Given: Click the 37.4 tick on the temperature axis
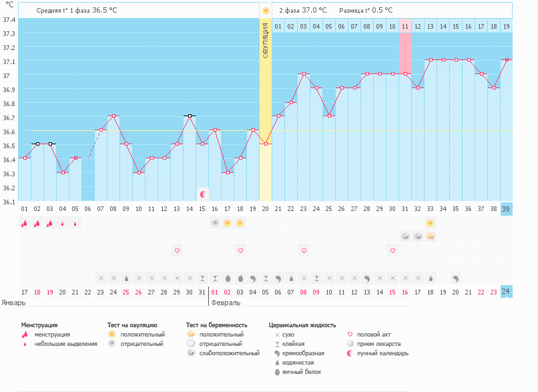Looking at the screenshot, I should pyautogui.click(x=9, y=19).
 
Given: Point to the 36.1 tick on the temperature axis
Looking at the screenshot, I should pyautogui.click(x=9, y=201).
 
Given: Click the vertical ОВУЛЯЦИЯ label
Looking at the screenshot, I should pyautogui.click(x=266, y=40).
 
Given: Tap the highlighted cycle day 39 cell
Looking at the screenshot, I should pyautogui.click(x=506, y=209).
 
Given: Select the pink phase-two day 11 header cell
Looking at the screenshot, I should pyautogui.click(x=405, y=26).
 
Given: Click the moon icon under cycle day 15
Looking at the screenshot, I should pyautogui.click(x=203, y=194).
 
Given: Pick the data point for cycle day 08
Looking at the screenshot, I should pyautogui.click(x=113, y=116).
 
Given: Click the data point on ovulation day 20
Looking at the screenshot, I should pyautogui.click(x=266, y=144).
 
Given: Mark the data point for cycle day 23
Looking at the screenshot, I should pyautogui.click(x=304, y=74).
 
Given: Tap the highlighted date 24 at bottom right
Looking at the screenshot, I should pyautogui.click(x=506, y=292).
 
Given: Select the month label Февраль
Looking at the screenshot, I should pyautogui.click(x=226, y=302).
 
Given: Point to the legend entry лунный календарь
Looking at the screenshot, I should pyautogui.click(x=382, y=353).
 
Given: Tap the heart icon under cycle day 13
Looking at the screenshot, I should pyautogui.click(x=177, y=250).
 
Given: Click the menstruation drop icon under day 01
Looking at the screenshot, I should pyautogui.click(x=24, y=224).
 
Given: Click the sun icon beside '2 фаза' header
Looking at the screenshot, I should pyautogui.click(x=266, y=11).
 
